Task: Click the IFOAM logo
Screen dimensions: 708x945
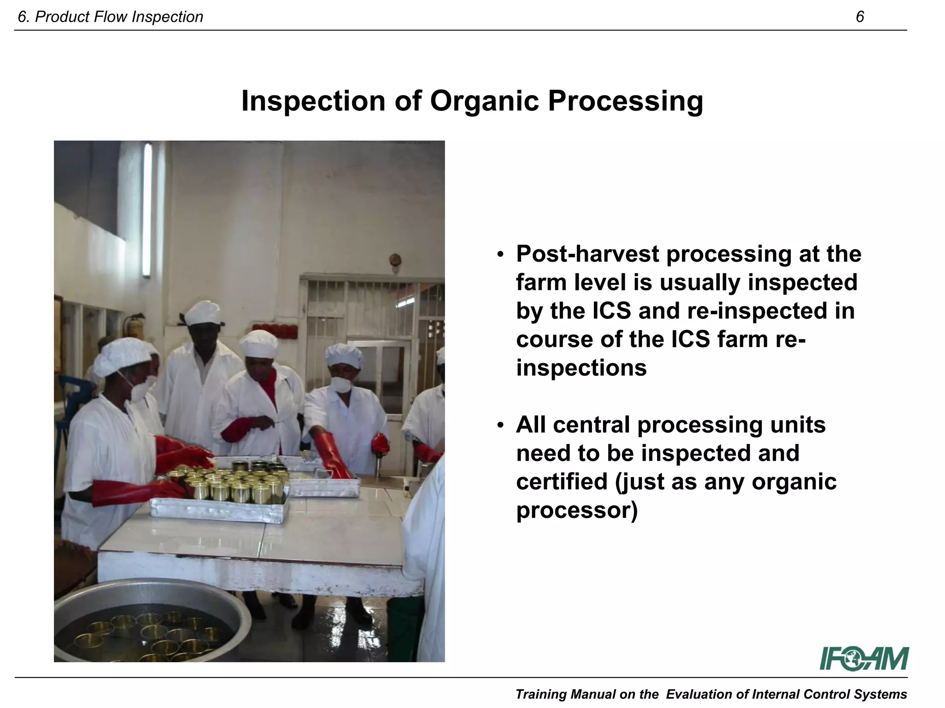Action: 864,659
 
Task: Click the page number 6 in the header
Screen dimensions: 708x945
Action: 860,17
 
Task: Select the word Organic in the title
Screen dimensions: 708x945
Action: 484,101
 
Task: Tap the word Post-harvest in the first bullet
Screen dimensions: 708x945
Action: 587,254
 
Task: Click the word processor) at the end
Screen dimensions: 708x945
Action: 576,510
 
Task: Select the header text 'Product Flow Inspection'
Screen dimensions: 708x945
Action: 119,17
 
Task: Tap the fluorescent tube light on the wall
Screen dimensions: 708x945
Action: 147,210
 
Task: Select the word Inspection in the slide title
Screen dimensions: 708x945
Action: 313,101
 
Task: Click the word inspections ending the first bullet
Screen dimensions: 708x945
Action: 581,368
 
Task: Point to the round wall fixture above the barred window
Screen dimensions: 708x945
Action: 395,260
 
